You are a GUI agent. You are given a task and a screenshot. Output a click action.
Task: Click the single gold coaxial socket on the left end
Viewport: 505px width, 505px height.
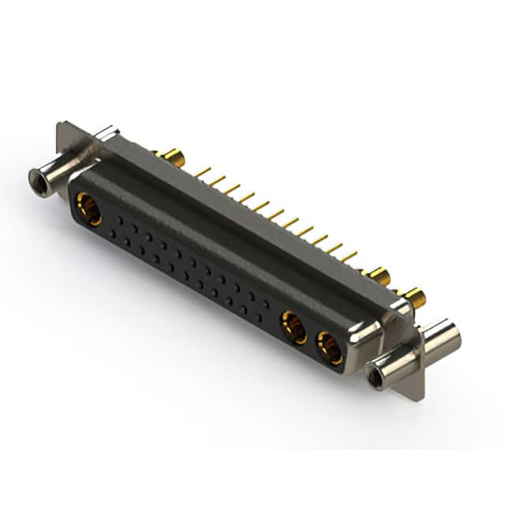coord(88,211)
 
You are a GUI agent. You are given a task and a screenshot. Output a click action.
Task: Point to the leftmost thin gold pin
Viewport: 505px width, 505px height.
coord(203,171)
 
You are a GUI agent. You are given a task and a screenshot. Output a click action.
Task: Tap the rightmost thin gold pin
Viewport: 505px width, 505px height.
coord(349,256)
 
